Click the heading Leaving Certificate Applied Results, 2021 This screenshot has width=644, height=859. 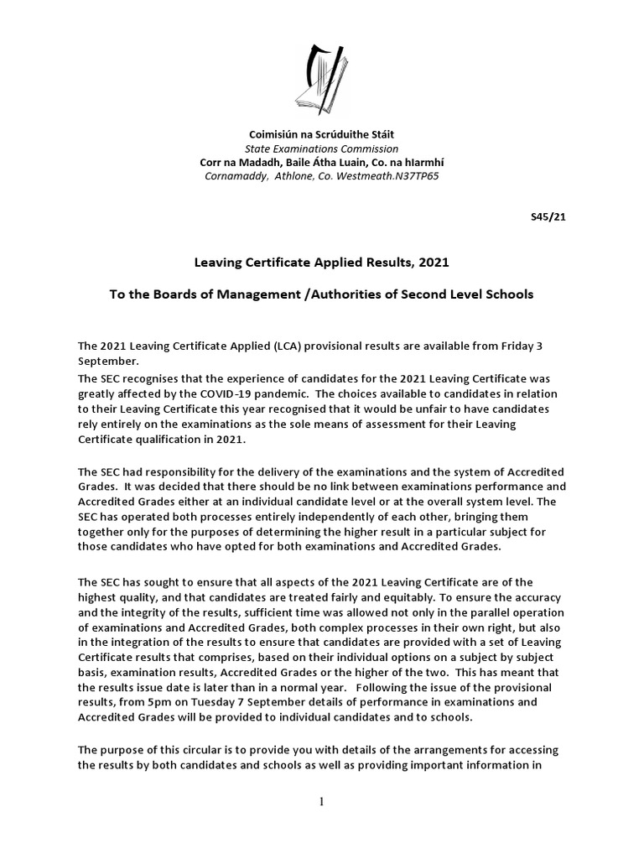click(x=322, y=263)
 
